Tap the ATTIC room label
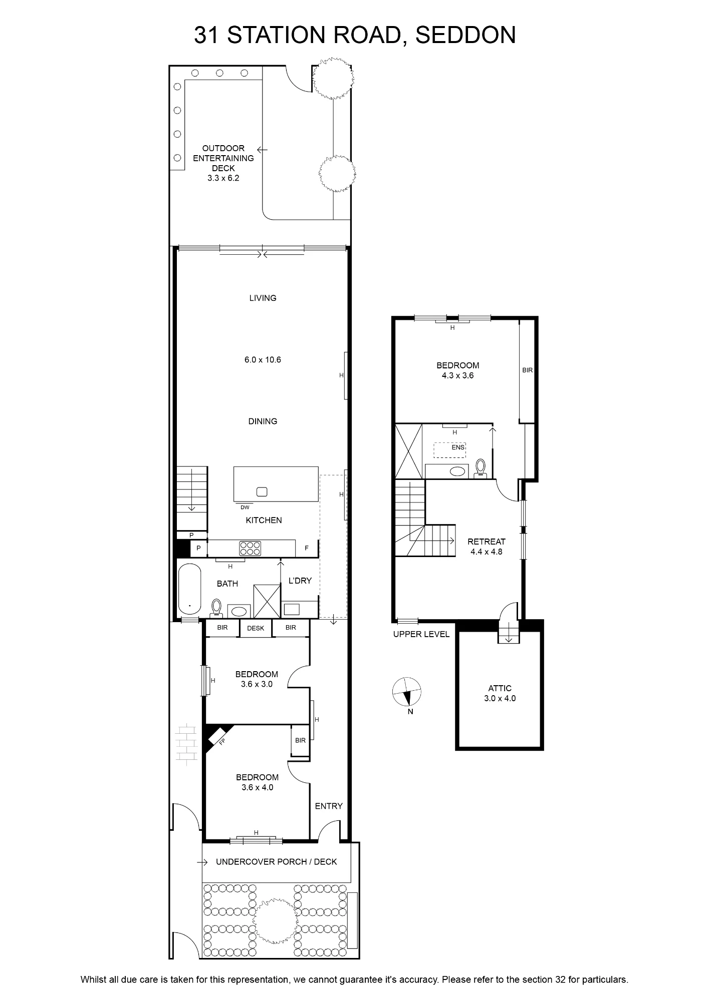(x=500, y=688)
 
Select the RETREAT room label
(x=487, y=542)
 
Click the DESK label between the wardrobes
(x=256, y=628)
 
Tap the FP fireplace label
(x=221, y=742)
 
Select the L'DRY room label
(x=300, y=581)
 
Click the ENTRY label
(x=329, y=806)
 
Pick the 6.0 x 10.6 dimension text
(x=263, y=359)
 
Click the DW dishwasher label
(x=245, y=507)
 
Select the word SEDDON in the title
(x=465, y=35)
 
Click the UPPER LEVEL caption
(x=421, y=634)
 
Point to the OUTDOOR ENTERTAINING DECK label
(x=223, y=158)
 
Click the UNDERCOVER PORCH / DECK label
(x=276, y=861)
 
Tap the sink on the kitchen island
(x=262, y=491)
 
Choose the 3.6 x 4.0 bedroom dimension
(x=257, y=787)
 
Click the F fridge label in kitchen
(x=307, y=549)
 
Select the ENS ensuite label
(x=458, y=447)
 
